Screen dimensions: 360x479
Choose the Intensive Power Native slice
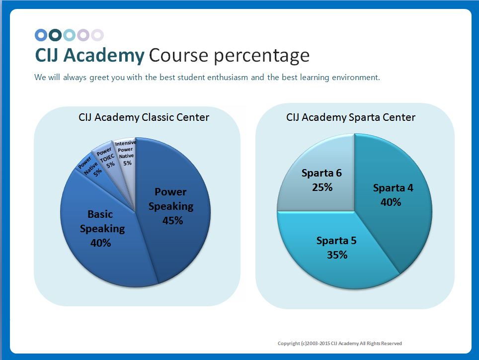(125, 154)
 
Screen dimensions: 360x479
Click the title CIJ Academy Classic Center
(144, 118)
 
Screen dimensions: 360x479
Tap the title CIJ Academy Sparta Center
(351, 118)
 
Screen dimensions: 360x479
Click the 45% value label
(172, 220)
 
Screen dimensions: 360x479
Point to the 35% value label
(337, 255)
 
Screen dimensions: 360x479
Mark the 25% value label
(322, 187)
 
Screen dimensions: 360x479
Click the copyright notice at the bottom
(339, 344)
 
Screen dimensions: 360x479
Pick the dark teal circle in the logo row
(55, 35)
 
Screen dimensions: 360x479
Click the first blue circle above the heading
(41, 35)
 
